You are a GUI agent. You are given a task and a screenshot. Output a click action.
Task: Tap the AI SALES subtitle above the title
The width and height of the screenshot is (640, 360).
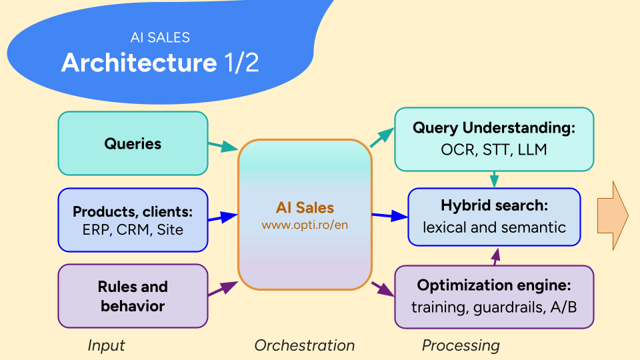160,38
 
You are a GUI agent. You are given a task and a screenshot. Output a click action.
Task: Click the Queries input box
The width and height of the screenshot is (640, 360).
133,143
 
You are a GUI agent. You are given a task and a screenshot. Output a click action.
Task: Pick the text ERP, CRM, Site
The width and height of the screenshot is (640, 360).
133,230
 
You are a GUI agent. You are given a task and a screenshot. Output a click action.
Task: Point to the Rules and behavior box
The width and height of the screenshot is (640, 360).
133,296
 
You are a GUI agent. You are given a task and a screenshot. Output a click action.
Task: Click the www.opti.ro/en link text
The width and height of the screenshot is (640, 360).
305,225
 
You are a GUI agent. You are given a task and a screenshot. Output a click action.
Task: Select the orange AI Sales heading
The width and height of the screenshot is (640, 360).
305,208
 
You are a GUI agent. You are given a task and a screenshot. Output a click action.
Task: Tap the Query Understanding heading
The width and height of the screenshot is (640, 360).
493,128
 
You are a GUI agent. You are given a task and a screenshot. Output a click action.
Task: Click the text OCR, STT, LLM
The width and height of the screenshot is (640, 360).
493,149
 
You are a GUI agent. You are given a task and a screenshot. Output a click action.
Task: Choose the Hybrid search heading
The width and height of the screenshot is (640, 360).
493,205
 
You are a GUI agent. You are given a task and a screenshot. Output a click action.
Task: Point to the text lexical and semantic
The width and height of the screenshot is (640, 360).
493,227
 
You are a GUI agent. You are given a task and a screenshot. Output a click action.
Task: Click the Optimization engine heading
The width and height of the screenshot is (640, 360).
493,285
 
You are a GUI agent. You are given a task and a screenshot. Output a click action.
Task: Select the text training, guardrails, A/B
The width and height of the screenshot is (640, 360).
493,307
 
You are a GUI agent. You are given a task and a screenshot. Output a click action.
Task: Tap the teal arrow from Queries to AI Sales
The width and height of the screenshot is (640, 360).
223,145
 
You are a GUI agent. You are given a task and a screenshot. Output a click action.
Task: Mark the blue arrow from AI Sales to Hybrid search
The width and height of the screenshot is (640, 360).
389,216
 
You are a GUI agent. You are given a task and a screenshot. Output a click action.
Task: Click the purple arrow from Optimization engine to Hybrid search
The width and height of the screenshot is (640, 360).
495,255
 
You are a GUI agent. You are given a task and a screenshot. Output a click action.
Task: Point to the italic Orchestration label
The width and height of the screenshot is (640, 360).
305,345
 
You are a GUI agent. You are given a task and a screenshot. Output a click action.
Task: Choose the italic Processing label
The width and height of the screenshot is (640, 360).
461,345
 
